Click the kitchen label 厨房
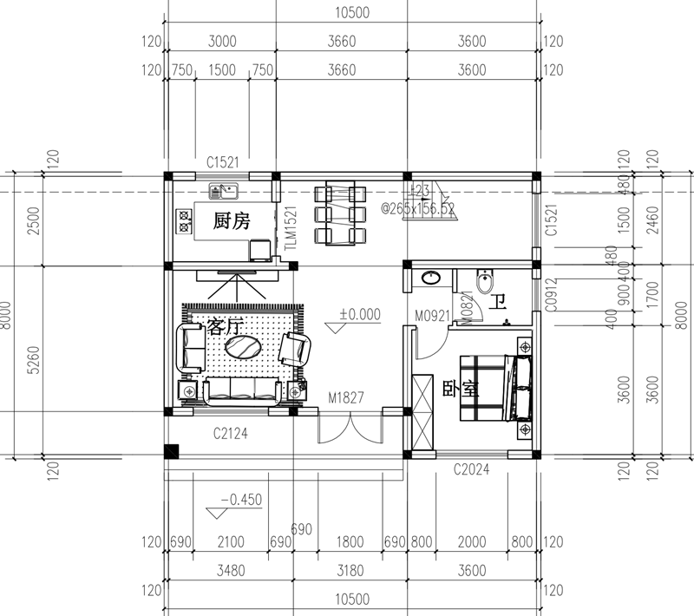coord(232,221)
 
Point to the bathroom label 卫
coord(497,302)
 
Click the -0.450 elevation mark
coord(241,499)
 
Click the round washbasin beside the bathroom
coord(430,279)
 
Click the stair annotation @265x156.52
coord(418,209)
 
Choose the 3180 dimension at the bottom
coord(350,571)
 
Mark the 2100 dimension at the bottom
coord(230,542)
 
